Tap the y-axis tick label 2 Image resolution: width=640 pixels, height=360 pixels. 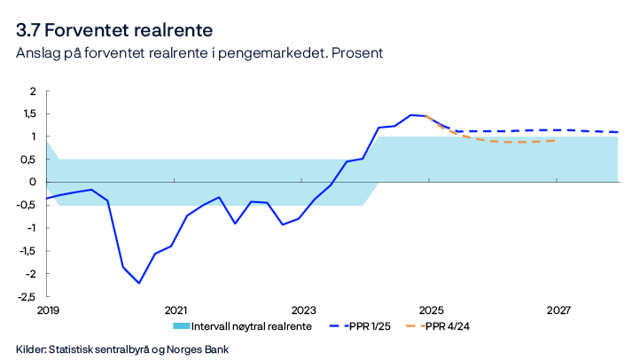click(x=33, y=90)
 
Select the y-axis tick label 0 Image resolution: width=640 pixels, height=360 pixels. click(x=33, y=182)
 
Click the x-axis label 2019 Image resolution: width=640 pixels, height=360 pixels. click(x=48, y=310)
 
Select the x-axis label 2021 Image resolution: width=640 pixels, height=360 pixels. click(x=176, y=310)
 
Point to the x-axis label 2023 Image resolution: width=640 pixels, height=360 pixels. click(x=303, y=310)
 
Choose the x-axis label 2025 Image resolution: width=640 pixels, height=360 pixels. click(x=431, y=310)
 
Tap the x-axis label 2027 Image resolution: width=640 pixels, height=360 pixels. click(x=558, y=310)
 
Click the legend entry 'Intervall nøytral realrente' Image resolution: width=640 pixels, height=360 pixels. click(x=252, y=326)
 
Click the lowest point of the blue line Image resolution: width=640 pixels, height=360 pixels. click(x=139, y=283)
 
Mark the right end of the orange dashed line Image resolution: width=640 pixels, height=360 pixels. click(x=556, y=140)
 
